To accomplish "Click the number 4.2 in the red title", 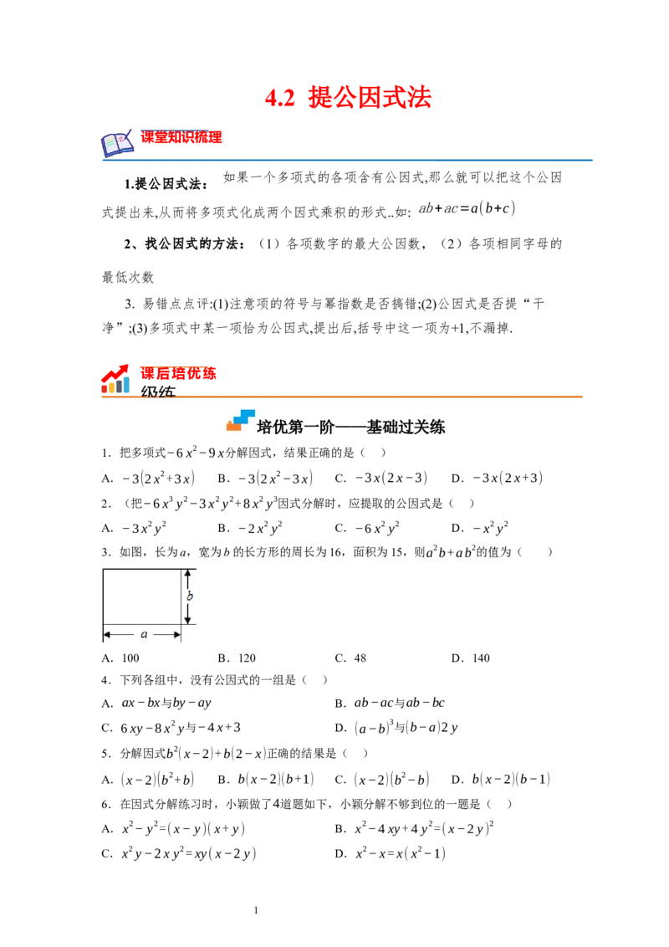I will tap(279, 99).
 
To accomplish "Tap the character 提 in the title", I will tap(319, 99).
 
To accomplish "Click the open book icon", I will tap(117, 144).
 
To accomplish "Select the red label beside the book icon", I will tap(181, 137).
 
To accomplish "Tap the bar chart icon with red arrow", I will tap(116, 380).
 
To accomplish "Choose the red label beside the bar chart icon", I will tap(179, 372).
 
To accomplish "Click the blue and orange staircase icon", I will tap(241, 418).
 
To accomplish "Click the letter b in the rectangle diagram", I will tap(190, 596).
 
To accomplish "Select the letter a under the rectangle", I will tap(144, 634).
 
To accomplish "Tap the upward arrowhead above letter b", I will tap(189, 574).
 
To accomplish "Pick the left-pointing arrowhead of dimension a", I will tap(107, 635).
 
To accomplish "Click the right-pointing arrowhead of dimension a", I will tap(176, 635).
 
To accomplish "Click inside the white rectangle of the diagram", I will tap(140, 596).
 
